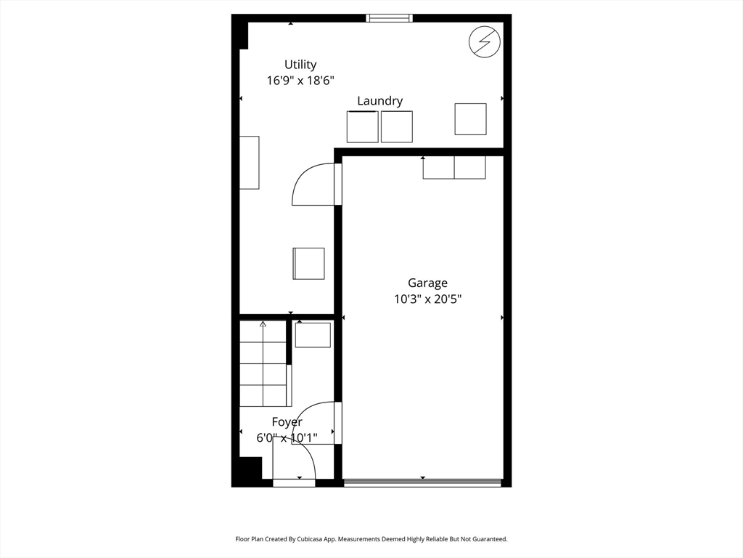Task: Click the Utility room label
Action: tap(300, 65)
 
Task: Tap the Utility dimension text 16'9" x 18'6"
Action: tap(300, 81)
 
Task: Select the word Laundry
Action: tap(379, 101)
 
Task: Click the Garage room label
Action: tap(427, 283)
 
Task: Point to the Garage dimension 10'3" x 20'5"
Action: tap(427, 299)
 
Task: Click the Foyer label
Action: tap(287, 421)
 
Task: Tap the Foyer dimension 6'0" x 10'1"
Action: tap(287, 437)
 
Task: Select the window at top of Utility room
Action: tap(390, 18)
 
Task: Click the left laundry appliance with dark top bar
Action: tap(362, 126)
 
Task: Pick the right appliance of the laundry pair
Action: tap(397, 126)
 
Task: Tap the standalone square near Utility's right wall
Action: tap(470, 119)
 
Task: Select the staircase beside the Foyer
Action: tap(263, 363)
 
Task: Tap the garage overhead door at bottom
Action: tap(422, 482)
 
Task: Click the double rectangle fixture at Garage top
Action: tap(454, 168)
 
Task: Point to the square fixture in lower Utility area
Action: tap(308, 263)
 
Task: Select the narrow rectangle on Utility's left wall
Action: tap(250, 162)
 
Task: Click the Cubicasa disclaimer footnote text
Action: tap(371, 539)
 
